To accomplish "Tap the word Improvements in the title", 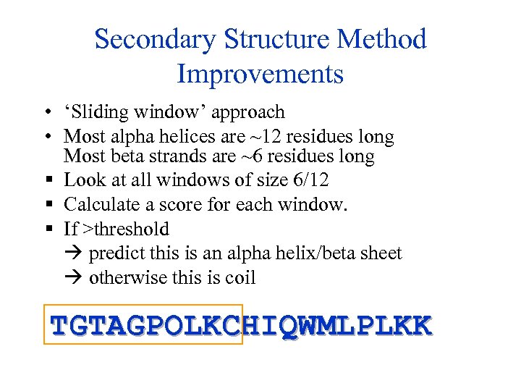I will coord(260,74).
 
